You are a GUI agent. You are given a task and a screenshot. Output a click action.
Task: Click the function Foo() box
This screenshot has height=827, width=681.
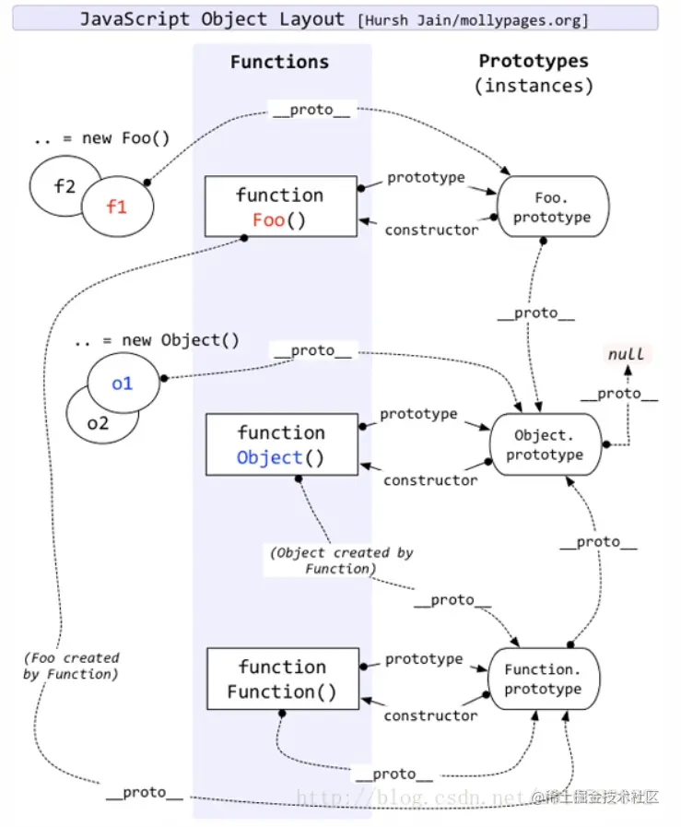point(280,207)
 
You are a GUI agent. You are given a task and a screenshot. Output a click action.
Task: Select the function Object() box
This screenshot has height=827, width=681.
point(281,444)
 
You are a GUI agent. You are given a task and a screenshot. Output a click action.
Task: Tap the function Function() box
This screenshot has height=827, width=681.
point(283,679)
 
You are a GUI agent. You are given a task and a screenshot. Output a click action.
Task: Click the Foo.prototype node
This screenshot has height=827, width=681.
point(552,207)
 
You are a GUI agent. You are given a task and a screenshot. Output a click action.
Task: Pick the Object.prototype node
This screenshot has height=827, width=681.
point(545,444)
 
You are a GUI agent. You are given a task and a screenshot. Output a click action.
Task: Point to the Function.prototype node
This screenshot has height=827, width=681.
point(544,679)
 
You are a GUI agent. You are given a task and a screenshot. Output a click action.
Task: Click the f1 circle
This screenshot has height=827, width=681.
point(118,207)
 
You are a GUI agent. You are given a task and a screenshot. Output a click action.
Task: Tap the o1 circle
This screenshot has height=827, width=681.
point(123,383)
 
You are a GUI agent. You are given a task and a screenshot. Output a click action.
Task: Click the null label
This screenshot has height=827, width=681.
point(627,354)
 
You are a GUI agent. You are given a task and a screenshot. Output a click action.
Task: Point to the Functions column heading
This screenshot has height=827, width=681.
point(279,62)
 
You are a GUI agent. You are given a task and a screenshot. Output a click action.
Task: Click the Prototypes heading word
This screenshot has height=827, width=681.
point(534,61)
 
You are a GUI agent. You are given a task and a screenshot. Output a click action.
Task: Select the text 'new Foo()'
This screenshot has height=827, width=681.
point(125,138)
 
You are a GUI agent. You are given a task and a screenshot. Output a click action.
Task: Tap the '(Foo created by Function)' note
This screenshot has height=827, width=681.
point(71,666)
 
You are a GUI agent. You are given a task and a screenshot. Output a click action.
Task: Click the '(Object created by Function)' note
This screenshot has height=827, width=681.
point(342,561)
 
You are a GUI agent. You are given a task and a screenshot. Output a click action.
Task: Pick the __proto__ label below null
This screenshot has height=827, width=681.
point(619,394)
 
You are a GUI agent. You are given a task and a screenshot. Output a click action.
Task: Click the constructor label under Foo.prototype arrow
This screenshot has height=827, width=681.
point(431,230)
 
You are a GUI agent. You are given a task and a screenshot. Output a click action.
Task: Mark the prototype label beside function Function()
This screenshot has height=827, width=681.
point(424,659)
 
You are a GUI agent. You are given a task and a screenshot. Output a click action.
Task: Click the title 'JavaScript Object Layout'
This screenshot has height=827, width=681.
point(213,19)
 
